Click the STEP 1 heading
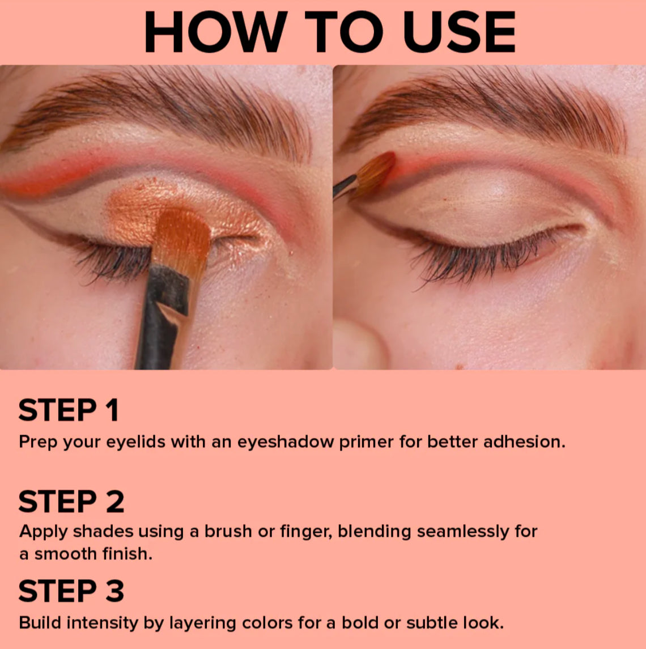[x=69, y=410]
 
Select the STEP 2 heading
[x=71, y=502]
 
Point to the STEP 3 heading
[x=71, y=591]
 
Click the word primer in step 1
[x=365, y=442]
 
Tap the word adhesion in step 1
[x=524, y=442]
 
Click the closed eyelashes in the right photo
[x=470, y=258]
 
